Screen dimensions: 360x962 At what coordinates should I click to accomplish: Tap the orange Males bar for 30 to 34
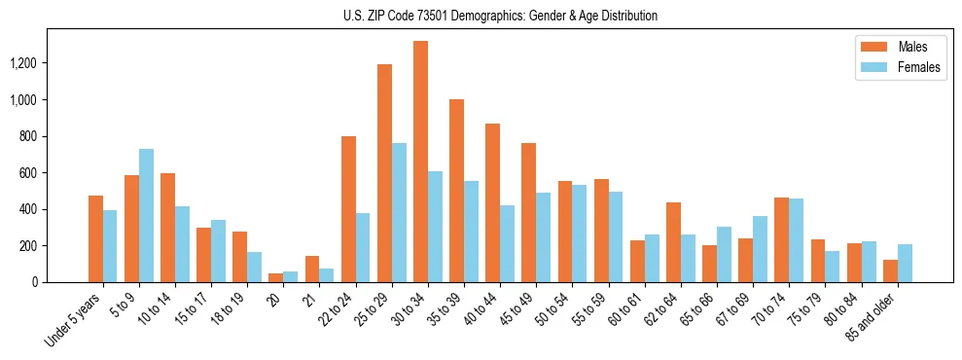coord(420,162)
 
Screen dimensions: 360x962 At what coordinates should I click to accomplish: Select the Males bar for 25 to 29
coord(384,173)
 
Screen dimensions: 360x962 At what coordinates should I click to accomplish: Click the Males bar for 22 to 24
coord(348,209)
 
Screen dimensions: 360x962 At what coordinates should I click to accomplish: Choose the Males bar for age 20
coord(276,277)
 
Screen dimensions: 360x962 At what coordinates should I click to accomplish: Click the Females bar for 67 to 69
coord(760,249)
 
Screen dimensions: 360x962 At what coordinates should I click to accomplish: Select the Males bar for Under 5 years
coord(95,238)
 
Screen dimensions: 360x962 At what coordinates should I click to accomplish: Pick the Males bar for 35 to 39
coord(456,191)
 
